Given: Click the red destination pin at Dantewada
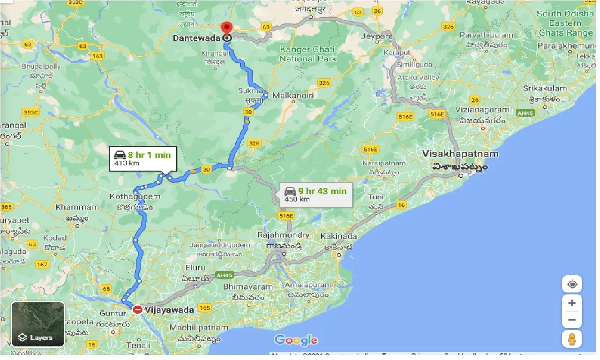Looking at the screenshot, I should (x=227, y=29).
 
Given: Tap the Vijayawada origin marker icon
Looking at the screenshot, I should (x=137, y=309).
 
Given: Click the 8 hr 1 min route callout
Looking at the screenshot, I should (x=142, y=158).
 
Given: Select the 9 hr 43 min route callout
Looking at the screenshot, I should (x=316, y=195).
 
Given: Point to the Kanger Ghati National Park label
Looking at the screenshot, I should (x=308, y=54).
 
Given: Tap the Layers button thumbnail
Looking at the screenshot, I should (x=38, y=324).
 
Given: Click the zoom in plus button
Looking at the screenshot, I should (x=572, y=303).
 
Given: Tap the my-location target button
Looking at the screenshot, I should (x=572, y=284).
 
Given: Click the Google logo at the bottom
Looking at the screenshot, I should (x=296, y=340).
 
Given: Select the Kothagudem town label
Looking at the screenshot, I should (x=135, y=196).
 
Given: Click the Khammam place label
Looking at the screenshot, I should (x=77, y=207).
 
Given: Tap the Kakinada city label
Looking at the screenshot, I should (x=339, y=236).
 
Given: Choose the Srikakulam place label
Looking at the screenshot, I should (x=545, y=89).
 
